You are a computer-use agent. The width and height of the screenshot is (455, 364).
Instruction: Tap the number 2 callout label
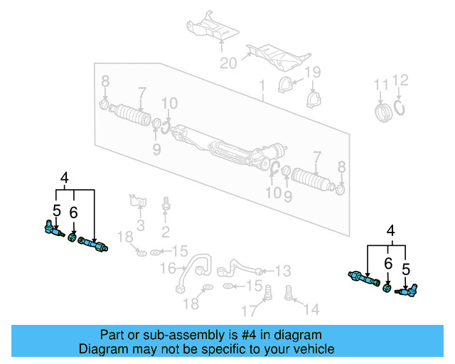[x=165, y=232]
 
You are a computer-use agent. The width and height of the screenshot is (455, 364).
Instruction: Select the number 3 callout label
[x=141, y=226]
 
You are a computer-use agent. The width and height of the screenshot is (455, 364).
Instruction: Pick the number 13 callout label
[x=283, y=270]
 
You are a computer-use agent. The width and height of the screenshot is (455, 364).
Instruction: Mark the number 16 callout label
[x=168, y=268]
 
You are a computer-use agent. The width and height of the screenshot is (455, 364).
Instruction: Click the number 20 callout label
[x=227, y=63]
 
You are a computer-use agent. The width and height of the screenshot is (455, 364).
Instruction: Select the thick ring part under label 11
[x=383, y=112]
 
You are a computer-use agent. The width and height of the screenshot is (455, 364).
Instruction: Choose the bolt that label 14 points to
[x=289, y=291]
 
